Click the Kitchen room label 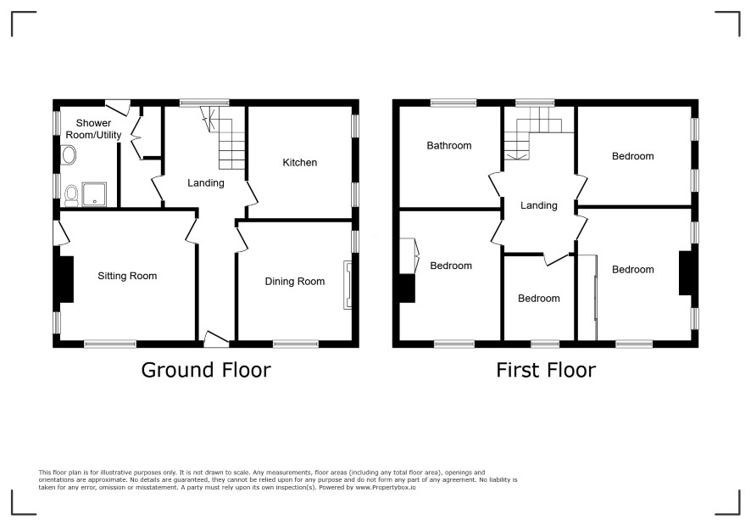(x=300, y=163)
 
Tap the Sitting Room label (x=127, y=276)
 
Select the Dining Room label (x=295, y=282)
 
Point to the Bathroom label (x=449, y=145)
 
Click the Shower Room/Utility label (x=93, y=129)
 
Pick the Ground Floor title (x=206, y=370)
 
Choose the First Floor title (x=546, y=370)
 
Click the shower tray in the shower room (x=94, y=194)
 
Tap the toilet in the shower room (x=72, y=195)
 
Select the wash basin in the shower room (x=69, y=155)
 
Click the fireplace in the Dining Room (x=348, y=284)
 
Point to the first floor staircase (x=532, y=133)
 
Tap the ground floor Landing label (x=206, y=182)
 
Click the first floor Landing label (x=539, y=205)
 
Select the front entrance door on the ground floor (x=216, y=339)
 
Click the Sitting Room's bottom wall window (x=110, y=344)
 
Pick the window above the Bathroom (x=453, y=103)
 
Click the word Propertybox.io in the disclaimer (x=386, y=487)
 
